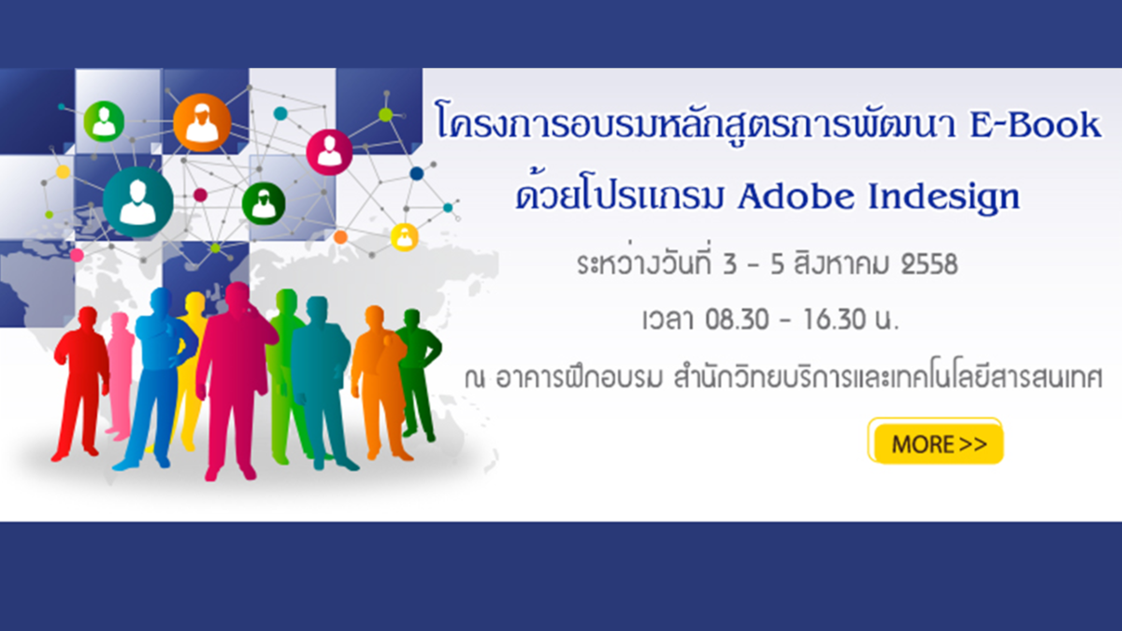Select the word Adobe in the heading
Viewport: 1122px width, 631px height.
797,196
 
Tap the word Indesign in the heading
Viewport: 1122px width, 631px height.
943,199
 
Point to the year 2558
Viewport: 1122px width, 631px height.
929,265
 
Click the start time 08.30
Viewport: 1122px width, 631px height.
737,319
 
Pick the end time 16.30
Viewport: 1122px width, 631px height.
834,319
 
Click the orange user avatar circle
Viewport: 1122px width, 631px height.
202,122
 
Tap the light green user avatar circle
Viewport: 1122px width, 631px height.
104,122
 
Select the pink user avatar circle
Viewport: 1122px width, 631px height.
329,152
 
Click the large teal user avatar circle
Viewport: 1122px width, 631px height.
138,202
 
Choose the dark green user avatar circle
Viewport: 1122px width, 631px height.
264,204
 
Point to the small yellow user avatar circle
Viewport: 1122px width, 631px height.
404,237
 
